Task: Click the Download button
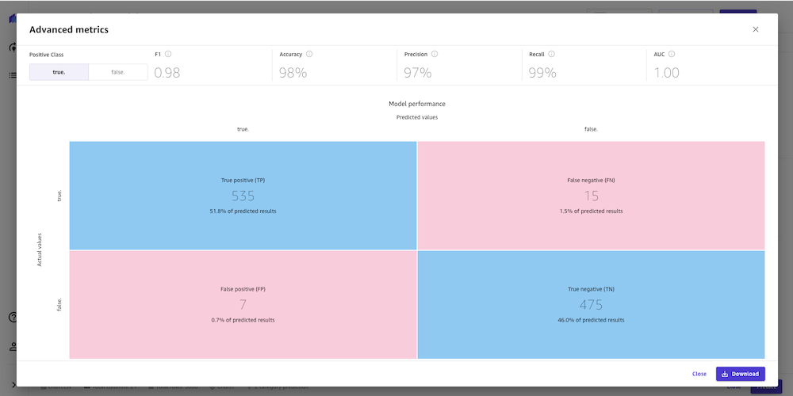pos(741,374)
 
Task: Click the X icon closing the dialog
pos(756,29)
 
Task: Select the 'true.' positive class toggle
pos(59,72)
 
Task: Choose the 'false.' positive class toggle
pos(118,72)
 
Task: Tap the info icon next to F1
pos(169,55)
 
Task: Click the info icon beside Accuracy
pos(309,55)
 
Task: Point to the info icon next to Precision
pos(435,55)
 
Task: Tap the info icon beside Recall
pos(551,55)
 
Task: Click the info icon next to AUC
pos(672,55)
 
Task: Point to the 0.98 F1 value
pos(167,73)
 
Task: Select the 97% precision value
pos(417,73)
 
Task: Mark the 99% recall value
pos(542,73)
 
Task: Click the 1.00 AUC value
pos(667,73)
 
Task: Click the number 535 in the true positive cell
pos(243,196)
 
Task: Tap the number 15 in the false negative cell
pos(591,196)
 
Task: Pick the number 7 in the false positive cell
pos(243,305)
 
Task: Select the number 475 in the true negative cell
pos(591,305)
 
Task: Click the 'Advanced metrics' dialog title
pos(69,29)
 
